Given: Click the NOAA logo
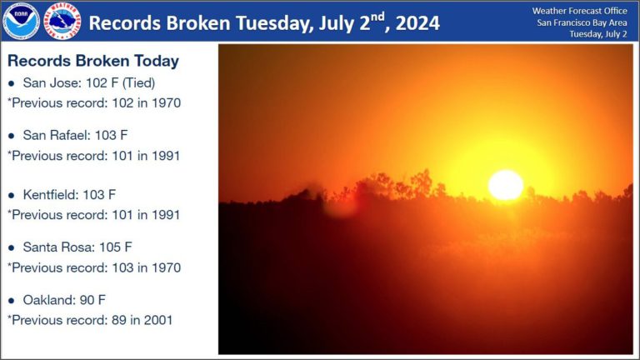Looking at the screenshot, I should point(20,21).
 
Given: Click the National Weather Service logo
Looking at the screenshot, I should point(62,21).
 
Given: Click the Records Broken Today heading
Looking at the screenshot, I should point(93,62).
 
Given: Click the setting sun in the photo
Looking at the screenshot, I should point(505,185).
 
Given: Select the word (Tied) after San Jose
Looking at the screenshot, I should point(139,84).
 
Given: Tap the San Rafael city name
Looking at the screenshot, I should point(52,134).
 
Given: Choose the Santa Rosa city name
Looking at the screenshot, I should point(54,247).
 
